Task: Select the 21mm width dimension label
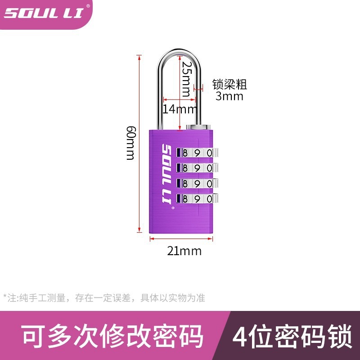point(184,251)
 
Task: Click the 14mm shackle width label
point(180,109)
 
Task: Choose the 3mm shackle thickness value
point(229,96)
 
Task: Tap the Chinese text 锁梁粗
point(229,84)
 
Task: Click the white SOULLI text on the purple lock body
point(165,177)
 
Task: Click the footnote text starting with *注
point(104,297)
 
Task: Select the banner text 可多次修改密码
point(113,337)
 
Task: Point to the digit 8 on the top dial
point(185,153)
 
